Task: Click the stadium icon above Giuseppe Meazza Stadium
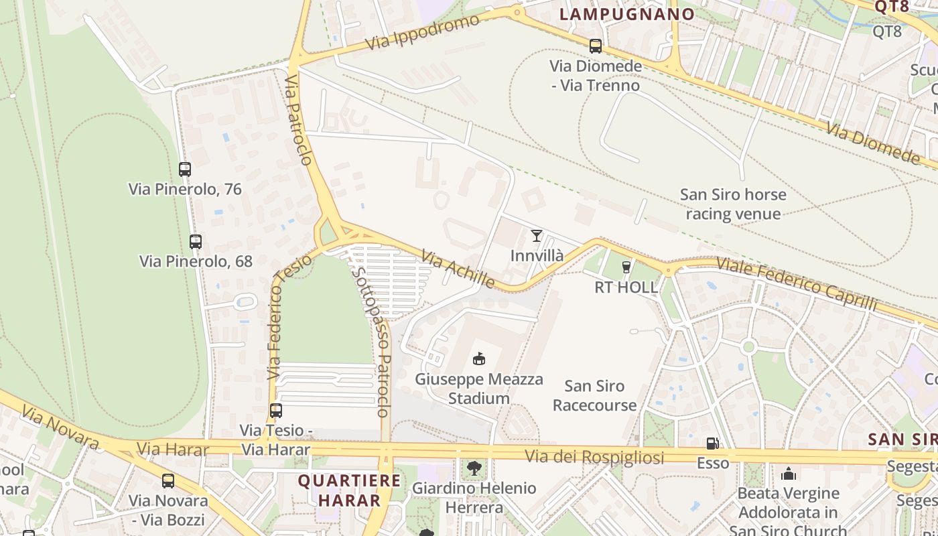[478, 359]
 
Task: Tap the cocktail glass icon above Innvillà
[536, 235]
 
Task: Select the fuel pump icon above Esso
[712, 443]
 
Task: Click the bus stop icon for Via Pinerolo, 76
[185, 170]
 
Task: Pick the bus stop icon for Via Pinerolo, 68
[196, 241]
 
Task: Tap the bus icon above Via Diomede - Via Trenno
[595, 46]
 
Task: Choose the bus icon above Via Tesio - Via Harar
[275, 410]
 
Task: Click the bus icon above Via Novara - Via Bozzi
[168, 480]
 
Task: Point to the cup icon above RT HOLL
[626, 267]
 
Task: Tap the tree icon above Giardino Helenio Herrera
[474, 468]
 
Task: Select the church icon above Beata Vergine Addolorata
[789, 474]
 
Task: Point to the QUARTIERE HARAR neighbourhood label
[349, 490]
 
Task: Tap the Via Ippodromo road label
[423, 31]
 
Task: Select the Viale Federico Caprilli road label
[796, 283]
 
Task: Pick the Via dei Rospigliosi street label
[594, 457]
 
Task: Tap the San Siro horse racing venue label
[733, 204]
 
